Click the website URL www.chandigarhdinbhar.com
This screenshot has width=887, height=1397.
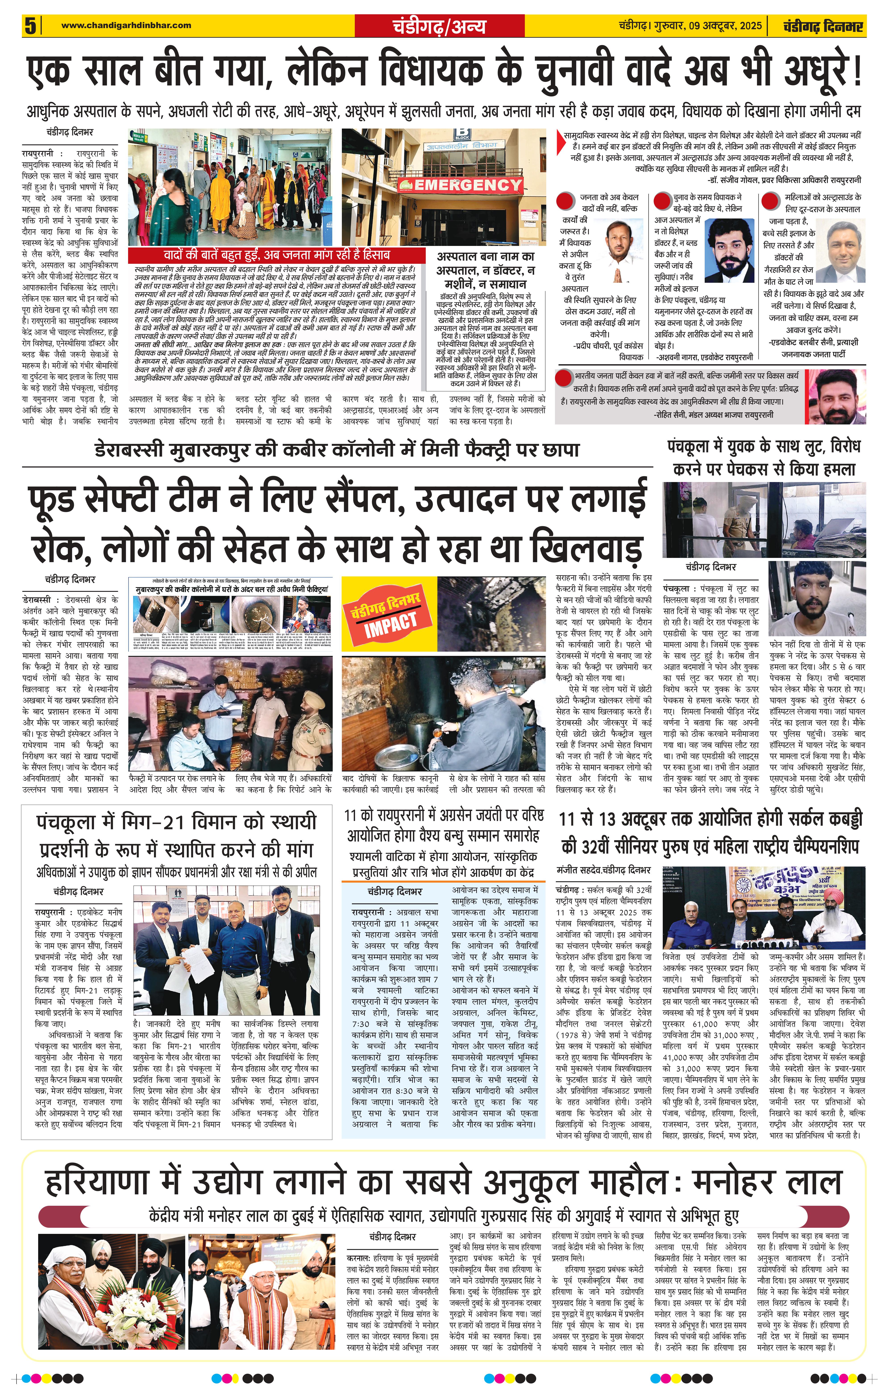point(126,25)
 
